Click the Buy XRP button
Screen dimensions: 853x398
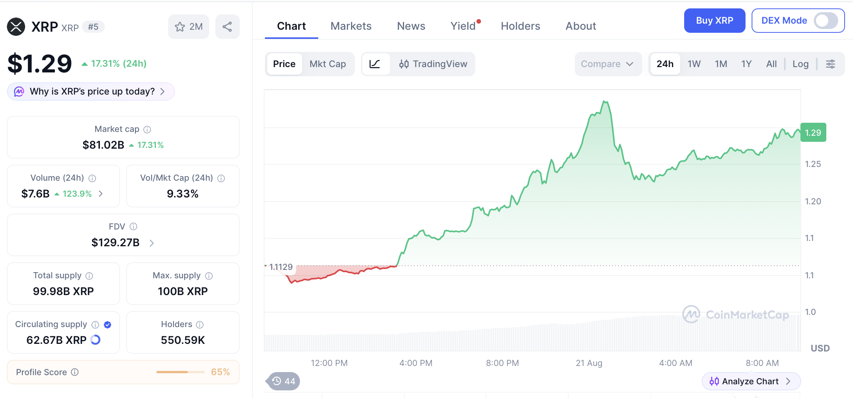pos(714,21)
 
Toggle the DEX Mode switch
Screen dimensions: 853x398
pos(826,21)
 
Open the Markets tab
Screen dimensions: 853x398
pos(351,26)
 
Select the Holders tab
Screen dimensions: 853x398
pos(520,26)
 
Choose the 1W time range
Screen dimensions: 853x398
pos(694,64)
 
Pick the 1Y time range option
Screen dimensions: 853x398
pos(746,64)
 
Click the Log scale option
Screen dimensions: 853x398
pos(800,64)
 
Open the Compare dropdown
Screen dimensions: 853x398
pos(607,64)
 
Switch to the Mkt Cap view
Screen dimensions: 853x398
pos(328,64)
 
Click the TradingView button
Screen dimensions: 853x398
pos(433,64)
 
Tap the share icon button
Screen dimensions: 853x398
pos(227,27)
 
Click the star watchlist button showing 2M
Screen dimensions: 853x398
pos(188,27)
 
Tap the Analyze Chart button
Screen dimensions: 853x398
pos(751,381)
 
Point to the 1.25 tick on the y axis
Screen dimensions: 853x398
pos(813,164)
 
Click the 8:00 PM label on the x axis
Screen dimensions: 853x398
pos(502,363)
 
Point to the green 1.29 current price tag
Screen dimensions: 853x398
pos(813,133)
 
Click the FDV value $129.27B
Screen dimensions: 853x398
pos(115,242)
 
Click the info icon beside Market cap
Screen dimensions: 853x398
pos(147,130)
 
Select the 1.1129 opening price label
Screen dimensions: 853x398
pos(281,267)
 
